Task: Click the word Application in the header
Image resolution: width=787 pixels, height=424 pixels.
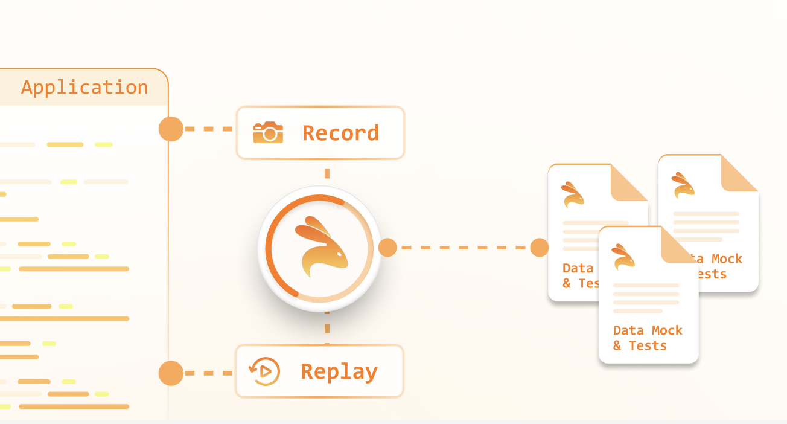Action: [x=84, y=87]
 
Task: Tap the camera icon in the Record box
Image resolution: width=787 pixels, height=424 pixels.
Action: [x=268, y=132]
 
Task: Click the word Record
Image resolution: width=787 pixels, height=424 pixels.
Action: [x=341, y=133]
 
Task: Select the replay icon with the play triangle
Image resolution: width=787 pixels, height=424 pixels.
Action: [x=264, y=371]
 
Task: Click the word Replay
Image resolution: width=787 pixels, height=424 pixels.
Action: [x=339, y=372]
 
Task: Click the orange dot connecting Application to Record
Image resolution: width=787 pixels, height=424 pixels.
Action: [x=171, y=129]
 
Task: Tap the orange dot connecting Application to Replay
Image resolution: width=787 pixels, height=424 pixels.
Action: [x=171, y=373]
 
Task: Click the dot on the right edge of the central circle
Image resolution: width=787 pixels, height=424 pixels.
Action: [x=387, y=248]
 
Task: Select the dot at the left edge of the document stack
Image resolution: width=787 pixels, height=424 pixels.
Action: [x=540, y=248]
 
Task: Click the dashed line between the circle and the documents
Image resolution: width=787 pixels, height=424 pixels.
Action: [x=464, y=248]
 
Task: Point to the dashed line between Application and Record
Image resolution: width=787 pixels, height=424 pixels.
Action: [x=208, y=129]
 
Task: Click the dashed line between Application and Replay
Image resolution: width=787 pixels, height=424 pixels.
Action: [x=208, y=373]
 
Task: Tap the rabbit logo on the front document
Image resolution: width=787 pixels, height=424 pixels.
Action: [x=623, y=257]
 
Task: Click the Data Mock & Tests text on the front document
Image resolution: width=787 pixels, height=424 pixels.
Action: [x=648, y=338]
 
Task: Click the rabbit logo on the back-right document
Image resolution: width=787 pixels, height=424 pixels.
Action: [x=683, y=185]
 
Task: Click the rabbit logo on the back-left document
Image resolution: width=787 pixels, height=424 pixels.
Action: [x=573, y=194]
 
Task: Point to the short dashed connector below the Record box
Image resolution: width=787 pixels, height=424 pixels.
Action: [x=327, y=174]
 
